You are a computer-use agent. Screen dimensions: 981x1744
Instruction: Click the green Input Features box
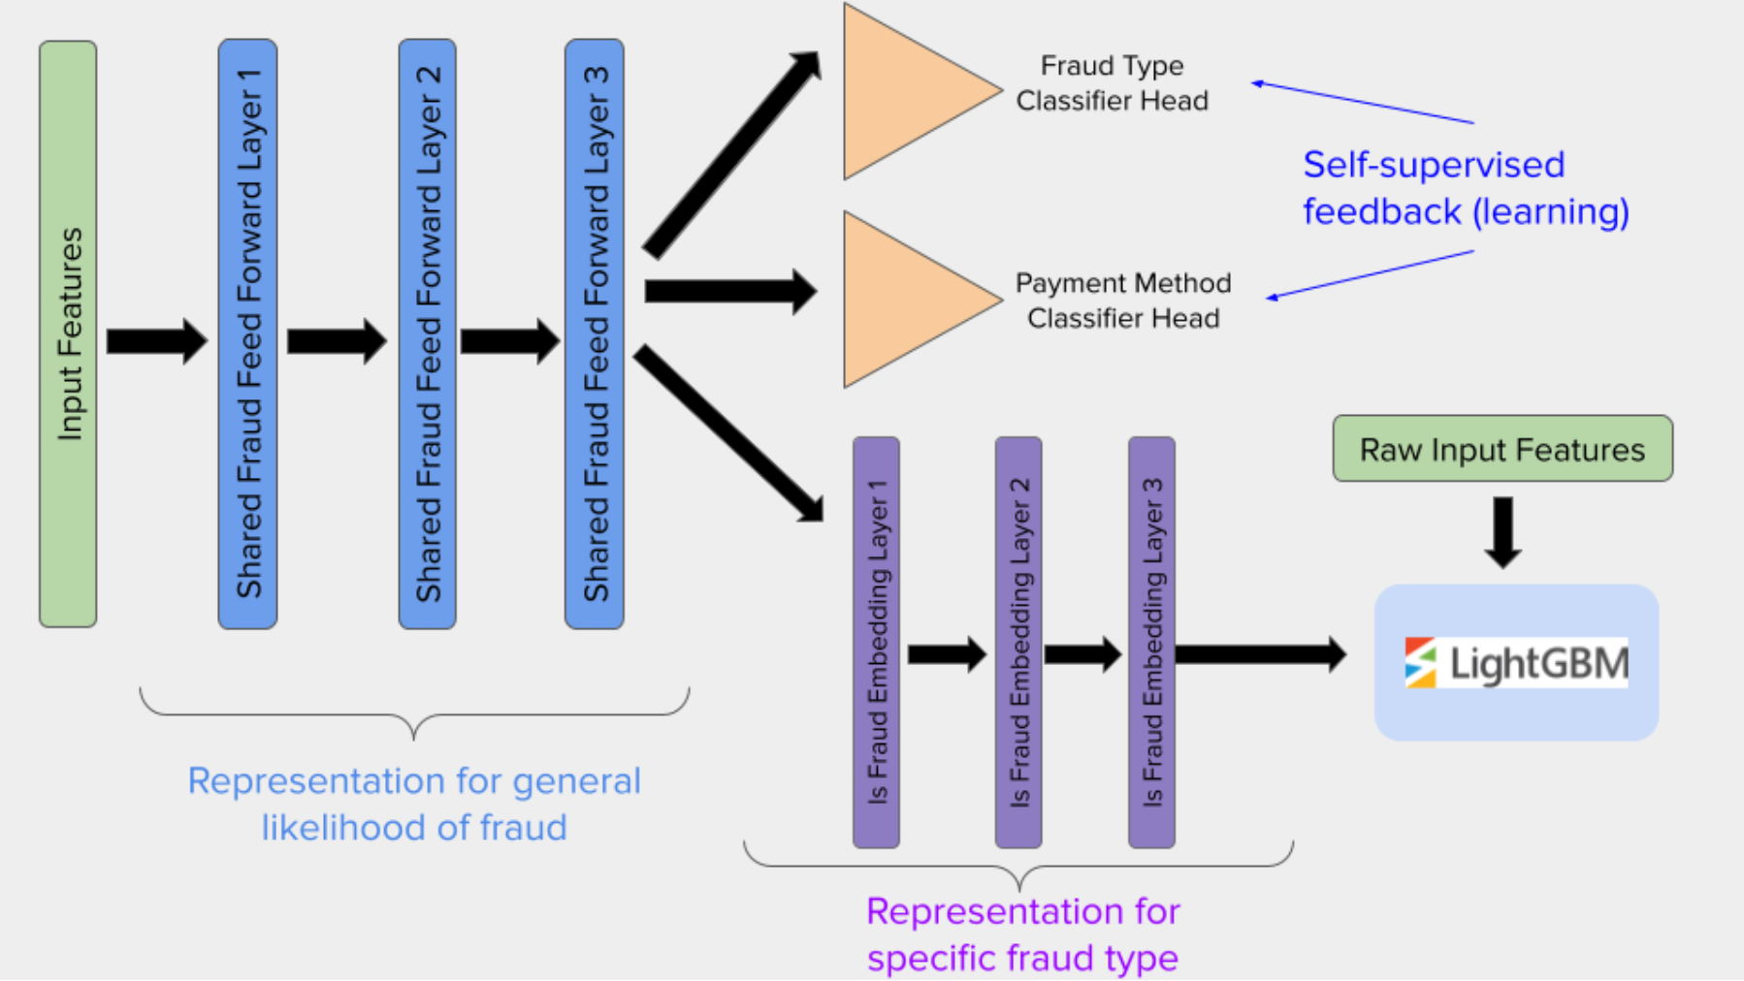point(68,333)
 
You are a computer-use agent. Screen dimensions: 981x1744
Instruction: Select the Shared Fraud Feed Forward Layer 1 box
point(247,333)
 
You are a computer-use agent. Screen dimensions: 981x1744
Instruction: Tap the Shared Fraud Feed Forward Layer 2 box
point(427,333)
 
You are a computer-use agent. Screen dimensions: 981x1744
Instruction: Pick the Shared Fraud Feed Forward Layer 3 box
point(594,333)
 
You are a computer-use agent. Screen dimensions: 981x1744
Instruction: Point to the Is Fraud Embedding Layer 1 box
point(876,642)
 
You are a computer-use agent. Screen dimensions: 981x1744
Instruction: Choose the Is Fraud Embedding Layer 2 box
point(1018,642)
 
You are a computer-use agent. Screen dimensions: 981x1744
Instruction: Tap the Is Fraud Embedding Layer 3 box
point(1151,642)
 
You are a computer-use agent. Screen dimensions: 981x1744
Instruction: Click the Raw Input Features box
point(1502,449)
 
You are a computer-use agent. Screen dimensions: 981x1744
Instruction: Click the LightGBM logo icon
point(1420,663)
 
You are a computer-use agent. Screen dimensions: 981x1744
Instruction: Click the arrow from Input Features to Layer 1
point(155,340)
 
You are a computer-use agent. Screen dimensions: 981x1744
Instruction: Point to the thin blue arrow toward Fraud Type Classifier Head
point(1363,103)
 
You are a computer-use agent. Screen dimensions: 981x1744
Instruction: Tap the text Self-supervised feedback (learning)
point(1465,188)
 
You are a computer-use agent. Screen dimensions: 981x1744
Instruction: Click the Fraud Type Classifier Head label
point(1112,83)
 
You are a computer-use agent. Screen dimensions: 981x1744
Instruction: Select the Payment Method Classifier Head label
point(1122,301)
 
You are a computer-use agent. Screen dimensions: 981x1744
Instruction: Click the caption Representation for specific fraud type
point(1022,934)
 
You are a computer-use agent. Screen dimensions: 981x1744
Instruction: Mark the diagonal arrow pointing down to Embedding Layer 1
point(727,433)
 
